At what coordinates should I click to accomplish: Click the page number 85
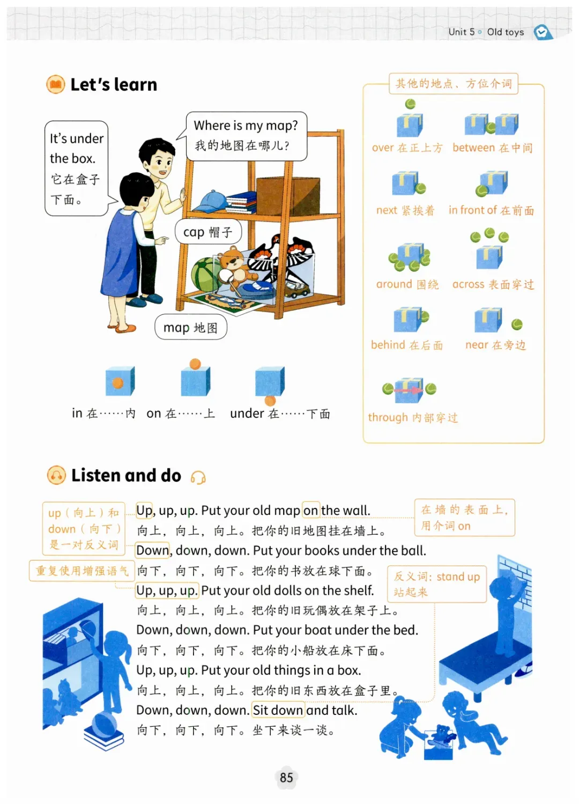pyautogui.click(x=286, y=778)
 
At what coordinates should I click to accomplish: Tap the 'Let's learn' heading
pyautogui.click(x=114, y=85)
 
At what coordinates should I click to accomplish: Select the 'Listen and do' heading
pyautogui.click(x=127, y=475)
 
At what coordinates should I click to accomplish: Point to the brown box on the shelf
pyautogui.click(x=288, y=196)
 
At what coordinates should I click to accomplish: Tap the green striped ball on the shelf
pyautogui.click(x=205, y=276)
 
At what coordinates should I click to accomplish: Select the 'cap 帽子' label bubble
pyautogui.click(x=208, y=232)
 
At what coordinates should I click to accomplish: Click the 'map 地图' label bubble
pyautogui.click(x=190, y=327)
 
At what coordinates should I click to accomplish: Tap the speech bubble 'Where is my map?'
pyautogui.click(x=247, y=136)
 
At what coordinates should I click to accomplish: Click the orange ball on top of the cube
pyautogui.click(x=195, y=364)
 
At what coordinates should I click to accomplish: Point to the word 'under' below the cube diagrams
pyautogui.click(x=247, y=414)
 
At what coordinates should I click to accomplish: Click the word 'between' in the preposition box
pyautogui.click(x=473, y=147)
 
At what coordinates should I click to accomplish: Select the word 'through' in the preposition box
pyautogui.click(x=388, y=417)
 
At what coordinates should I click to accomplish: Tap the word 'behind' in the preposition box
pyautogui.click(x=388, y=344)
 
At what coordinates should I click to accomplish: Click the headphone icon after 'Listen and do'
pyautogui.click(x=198, y=477)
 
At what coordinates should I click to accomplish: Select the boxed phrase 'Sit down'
pyautogui.click(x=278, y=710)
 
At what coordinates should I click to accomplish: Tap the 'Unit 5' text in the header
pyautogui.click(x=462, y=32)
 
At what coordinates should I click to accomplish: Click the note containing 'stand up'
pyautogui.click(x=437, y=584)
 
